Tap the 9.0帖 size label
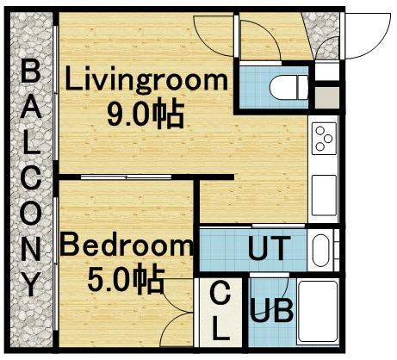146,115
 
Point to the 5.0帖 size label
126,279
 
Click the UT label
267,248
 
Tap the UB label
271,310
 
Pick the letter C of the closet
220,292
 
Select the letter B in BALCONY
31,71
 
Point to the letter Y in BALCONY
31,284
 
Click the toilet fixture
288,87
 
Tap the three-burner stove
325,138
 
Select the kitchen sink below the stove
324,196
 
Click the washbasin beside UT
321,251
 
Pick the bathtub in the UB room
318,312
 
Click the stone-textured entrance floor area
324,36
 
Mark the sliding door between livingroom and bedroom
126,177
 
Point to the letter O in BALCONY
31,213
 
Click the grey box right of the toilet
327,97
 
